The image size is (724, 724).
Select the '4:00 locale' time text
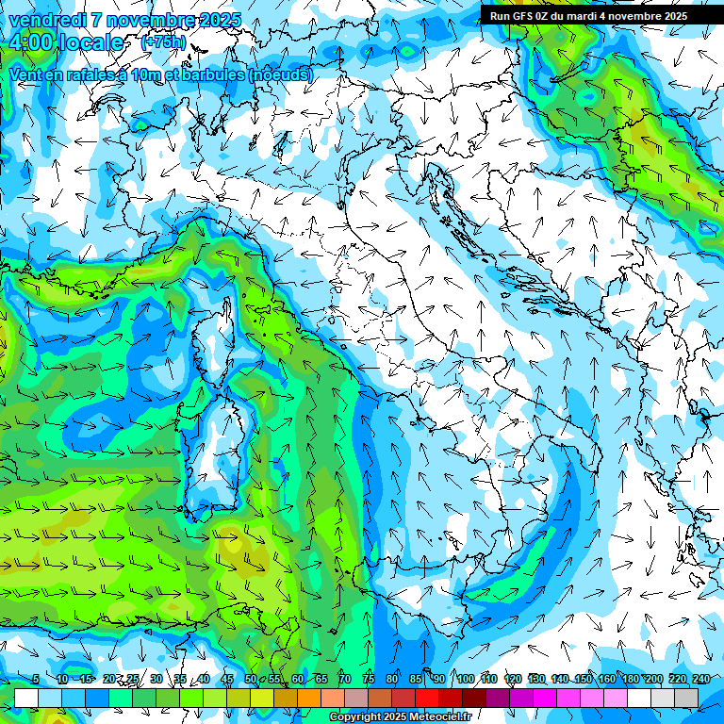pos(66,43)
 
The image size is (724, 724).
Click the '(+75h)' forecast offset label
pos(162,42)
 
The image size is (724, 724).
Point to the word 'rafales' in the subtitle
pos(99,74)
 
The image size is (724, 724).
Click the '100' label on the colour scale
pos(465,680)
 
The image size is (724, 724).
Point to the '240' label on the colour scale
pos(700,680)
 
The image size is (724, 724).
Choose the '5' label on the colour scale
pos(36,680)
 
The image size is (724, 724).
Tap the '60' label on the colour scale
pos(297,680)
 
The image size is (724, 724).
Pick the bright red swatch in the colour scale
pos(427,698)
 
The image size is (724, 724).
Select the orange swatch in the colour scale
pos(309,698)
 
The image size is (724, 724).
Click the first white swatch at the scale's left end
pos(26,698)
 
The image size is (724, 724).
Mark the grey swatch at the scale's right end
pos(686,698)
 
